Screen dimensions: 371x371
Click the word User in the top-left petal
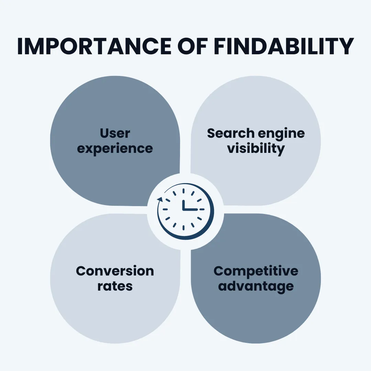click(115, 133)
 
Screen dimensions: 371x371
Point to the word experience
click(115, 149)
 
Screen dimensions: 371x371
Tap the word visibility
click(256, 148)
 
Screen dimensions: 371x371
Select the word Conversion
click(115, 271)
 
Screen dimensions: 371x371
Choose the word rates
click(115, 286)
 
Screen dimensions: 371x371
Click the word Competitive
click(256, 271)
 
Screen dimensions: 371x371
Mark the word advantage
click(256, 286)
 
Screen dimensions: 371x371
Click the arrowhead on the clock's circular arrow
click(159, 199)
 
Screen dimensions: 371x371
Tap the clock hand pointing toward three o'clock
click(191, 209)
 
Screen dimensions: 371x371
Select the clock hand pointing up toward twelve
click(183, 204)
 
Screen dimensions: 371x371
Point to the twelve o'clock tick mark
click(183, 191)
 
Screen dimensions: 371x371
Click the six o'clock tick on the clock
click(183, 227)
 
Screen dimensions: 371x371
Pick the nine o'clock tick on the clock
click(165, 209)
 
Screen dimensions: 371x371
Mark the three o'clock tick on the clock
click(202, 209)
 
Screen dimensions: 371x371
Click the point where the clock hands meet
click(183, 209)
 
